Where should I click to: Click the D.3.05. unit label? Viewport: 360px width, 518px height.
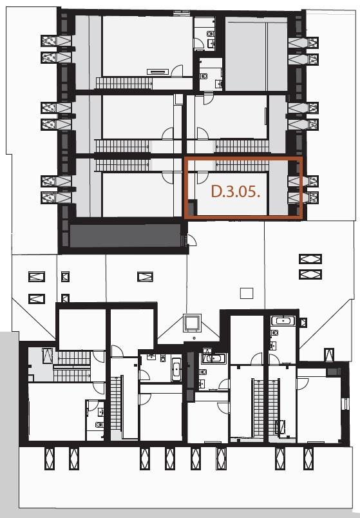(x=236, y=191)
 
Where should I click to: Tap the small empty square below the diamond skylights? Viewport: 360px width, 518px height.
(x=247, y=293)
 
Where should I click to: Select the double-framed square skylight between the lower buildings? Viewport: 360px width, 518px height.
(x=192, y=323)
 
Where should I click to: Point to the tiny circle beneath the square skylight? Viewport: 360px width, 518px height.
(x=194, y=338)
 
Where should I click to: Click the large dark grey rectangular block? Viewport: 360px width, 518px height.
(x=125, y=236)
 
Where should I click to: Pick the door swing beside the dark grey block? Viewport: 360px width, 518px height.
(x=191, y=240)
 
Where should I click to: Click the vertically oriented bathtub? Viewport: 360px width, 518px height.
(x=176, y=369)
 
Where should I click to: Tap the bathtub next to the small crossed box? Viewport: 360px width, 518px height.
(x=283, y=320)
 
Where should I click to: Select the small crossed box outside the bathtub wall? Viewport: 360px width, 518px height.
(x=303, y=322)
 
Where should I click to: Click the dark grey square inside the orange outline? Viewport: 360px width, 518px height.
(x=192, y=207)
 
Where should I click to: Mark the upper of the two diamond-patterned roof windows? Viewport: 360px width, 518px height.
(x=310, y=258)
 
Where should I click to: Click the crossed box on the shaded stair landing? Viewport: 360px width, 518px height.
(x=47, y=356)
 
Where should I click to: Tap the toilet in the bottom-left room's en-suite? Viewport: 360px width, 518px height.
(x=99, y=425)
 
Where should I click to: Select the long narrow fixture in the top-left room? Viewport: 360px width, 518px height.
(x=158, y=72)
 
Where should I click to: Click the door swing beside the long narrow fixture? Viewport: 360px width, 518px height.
(x=177, y=71)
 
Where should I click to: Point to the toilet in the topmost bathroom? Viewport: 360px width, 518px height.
(x=210, y=34)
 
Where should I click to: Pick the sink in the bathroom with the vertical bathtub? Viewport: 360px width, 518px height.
(x=151, y=357)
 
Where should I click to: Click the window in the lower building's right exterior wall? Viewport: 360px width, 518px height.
(x=345, y=404)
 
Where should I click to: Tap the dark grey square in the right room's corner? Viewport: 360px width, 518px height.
(x=333, y=372)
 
